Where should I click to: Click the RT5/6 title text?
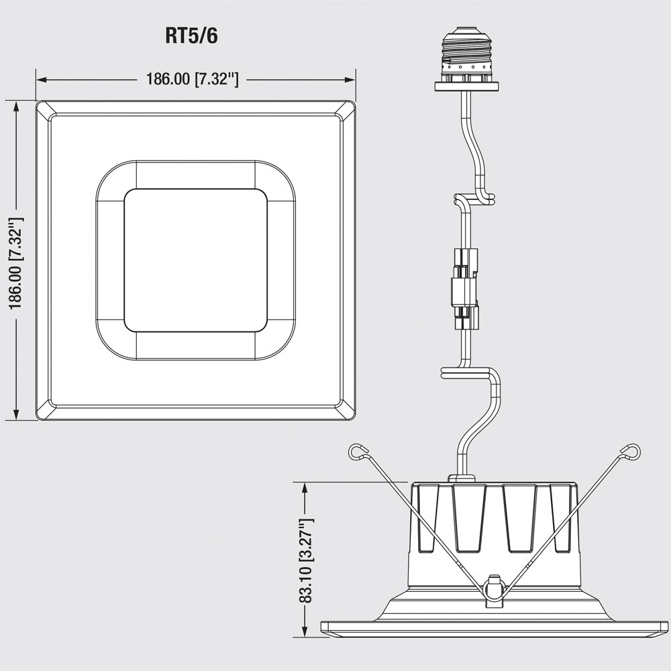[191, 36]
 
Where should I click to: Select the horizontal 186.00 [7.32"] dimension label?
[192, 79]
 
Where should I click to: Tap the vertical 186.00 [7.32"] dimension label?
[16, 263]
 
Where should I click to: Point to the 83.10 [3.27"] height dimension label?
[307, 560]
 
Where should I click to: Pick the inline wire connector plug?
[465, 289]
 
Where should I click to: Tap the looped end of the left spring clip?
[358, 452]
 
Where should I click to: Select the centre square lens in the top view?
[195, 260]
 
